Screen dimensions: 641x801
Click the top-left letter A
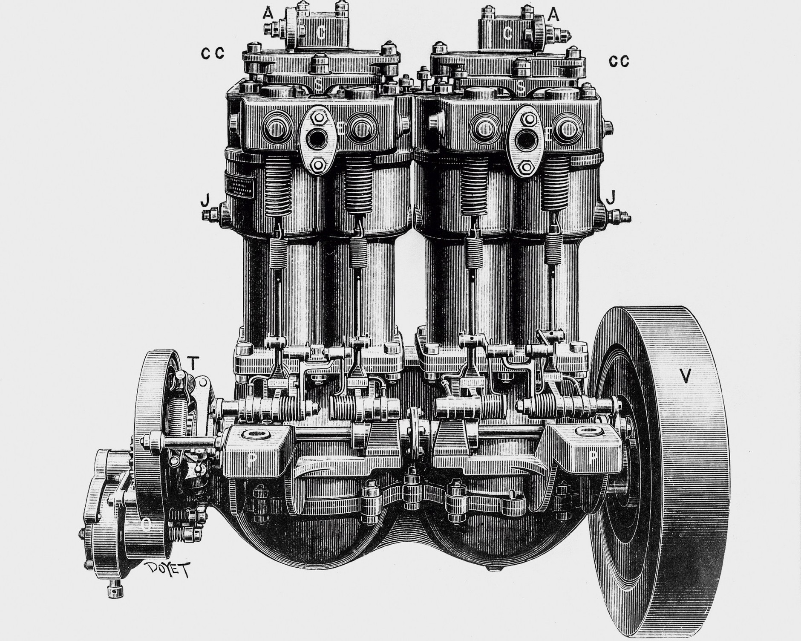(268, 14)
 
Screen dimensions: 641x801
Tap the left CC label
(212, 53)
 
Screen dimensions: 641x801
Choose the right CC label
(619, 62)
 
